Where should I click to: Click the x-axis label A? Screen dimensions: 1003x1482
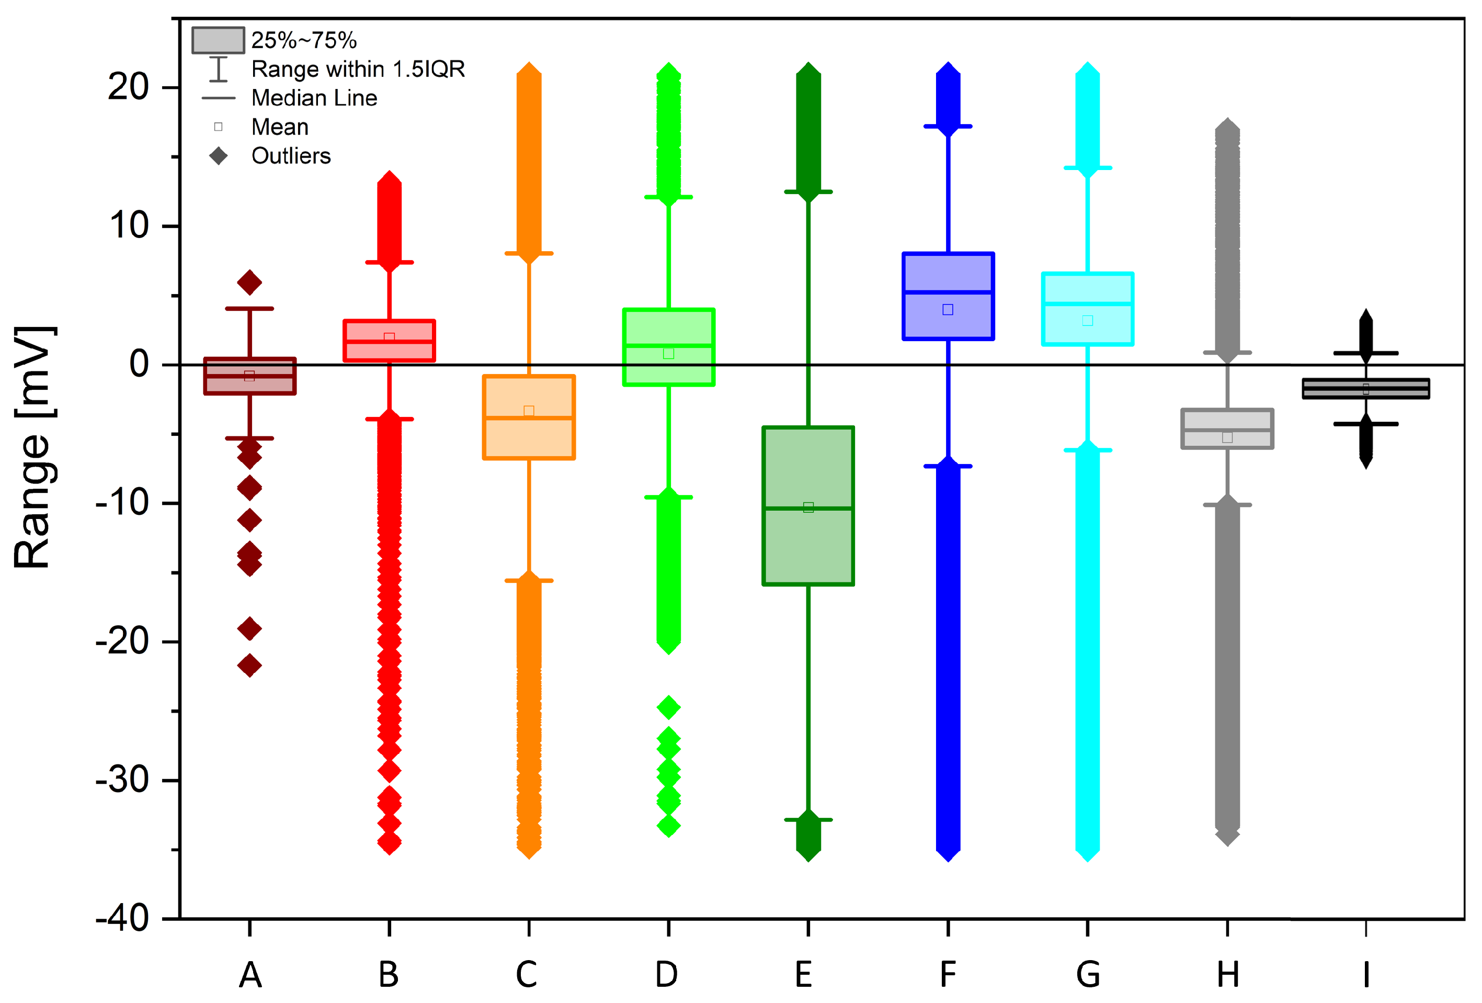tap(250, 975)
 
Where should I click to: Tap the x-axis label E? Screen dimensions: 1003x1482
tap(804, 975)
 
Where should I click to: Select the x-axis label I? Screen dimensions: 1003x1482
tap(1365, 975)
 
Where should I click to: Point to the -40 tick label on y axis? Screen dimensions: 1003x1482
tap(122, 919)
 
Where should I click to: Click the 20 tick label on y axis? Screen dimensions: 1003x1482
tap(128, 87)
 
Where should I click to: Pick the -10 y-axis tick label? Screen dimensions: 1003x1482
tap(122, 503)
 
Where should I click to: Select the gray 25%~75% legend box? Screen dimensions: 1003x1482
tap(218, 40)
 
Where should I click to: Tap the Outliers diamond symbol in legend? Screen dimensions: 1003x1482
tap(219, 156)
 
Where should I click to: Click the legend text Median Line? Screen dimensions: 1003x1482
tap(314, 98)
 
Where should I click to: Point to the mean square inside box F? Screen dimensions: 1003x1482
tap(948, 309)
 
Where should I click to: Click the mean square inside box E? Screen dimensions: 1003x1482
tap(808, 507)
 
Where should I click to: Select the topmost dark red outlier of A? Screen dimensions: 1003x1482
tap(249, 282)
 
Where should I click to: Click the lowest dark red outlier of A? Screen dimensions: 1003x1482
tap(249, 666)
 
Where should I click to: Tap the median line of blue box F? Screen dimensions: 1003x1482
tap(948, 292)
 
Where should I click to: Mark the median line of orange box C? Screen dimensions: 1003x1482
tap(529, 418)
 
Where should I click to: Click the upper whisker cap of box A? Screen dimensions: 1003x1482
tap(249, 309)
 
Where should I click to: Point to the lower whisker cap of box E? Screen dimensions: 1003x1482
tap(808, 819)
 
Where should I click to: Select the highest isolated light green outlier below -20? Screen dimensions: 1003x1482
tap(668, 707)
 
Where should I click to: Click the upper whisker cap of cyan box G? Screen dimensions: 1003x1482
tap(1087, 168)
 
